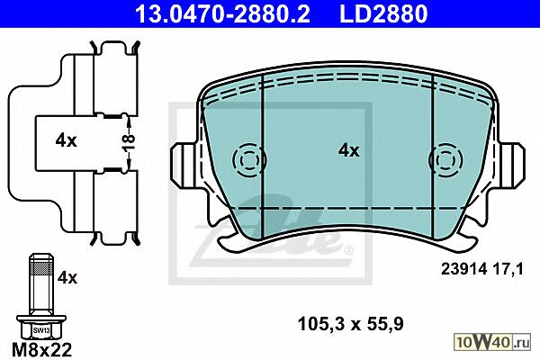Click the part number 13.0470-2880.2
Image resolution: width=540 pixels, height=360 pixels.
tap(222, 13)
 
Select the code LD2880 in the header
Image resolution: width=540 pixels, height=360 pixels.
tap(383, 13)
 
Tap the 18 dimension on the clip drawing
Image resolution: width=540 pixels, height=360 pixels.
tap(128, 142)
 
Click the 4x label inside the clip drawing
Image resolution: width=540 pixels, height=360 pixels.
tap(66, 140)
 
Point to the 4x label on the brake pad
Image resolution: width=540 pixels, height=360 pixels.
tap(349, 150)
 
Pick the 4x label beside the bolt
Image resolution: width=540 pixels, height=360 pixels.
tap(67, 278)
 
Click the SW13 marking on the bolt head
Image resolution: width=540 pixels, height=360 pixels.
tap(41, 330)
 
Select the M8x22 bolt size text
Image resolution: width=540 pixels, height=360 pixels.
tap(42, 350)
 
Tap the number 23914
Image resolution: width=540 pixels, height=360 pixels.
tap(463, 269)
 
